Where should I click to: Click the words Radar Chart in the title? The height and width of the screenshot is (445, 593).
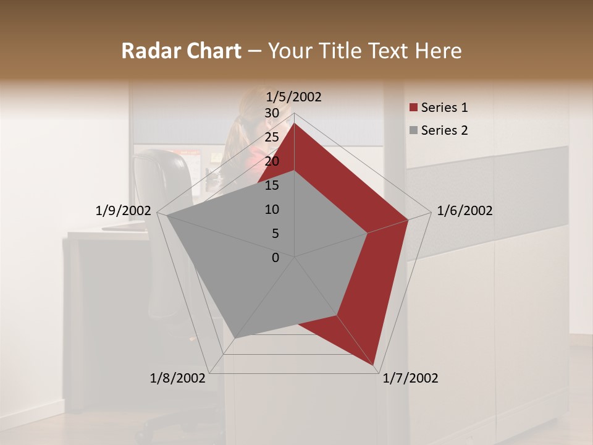point(181,51)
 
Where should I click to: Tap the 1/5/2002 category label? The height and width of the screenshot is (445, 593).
point(293,97)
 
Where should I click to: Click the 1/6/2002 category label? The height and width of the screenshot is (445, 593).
point(465,211)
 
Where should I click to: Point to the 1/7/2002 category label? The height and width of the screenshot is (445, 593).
point(410,378)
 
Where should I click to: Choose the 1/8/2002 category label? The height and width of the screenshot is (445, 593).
point(178,378)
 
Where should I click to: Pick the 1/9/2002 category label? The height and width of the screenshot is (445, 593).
point(124,211)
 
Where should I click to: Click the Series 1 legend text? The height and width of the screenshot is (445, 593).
point(444,108)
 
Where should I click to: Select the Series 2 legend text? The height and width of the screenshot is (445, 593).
point(444,130)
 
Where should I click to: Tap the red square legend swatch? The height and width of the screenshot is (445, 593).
point(414,108)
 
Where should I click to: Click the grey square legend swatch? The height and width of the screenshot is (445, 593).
point(414,131)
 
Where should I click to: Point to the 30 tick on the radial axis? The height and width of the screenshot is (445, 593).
point(272,113)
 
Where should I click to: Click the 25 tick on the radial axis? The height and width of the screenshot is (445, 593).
point(272,137)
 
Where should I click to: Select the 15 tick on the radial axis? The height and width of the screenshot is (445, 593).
point(272,185)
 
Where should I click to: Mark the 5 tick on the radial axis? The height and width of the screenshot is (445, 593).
point(275,234)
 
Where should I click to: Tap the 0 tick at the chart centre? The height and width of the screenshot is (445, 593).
point(275,258)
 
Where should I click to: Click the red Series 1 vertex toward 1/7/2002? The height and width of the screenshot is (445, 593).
point(374,366)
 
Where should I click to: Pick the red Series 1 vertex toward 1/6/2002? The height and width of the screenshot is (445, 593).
point(408,220)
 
